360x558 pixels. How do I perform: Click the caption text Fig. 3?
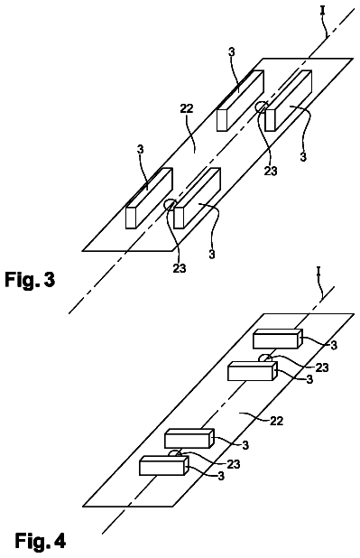[30, 279]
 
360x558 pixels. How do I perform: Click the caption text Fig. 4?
[41, 541]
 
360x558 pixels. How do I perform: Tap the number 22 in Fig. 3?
[187, 108]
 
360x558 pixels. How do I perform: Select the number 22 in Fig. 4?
[276, 421]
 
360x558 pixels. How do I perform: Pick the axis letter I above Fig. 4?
[318, 273]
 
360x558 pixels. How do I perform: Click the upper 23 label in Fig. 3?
[271, 172]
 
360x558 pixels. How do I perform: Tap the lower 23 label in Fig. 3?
[180, 267]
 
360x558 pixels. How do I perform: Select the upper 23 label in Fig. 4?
[322, 367]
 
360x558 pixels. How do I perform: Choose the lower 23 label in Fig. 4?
[234, 464]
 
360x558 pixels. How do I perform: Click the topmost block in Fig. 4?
[278, 339]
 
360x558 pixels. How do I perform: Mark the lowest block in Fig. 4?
[163, 465]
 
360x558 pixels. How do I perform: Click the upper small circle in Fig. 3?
[261, 107]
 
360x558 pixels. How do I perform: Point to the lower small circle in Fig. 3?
[169, 205]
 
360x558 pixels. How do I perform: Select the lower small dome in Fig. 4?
[175, 453]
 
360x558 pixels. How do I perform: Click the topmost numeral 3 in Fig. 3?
[232, 52]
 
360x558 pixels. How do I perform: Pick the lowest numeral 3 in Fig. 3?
[212, 255]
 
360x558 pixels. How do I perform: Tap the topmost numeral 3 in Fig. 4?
[334, 345]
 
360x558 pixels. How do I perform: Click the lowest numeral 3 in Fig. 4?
[221, 476]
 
